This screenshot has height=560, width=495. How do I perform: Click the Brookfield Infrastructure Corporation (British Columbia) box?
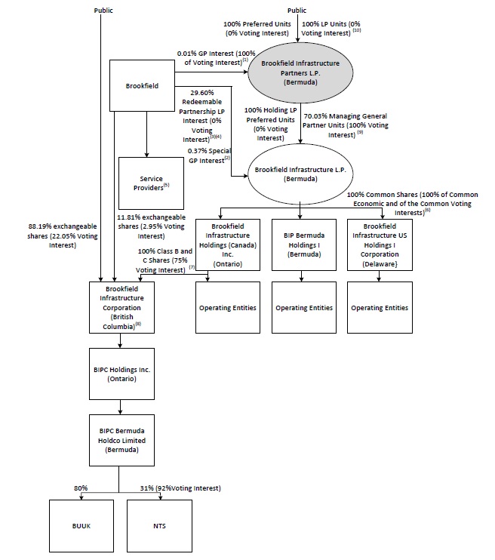121,306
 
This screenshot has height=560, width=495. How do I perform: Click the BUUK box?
79,525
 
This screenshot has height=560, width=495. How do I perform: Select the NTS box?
158,525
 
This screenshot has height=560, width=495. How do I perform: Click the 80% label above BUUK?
80,488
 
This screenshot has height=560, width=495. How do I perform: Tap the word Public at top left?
104,11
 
